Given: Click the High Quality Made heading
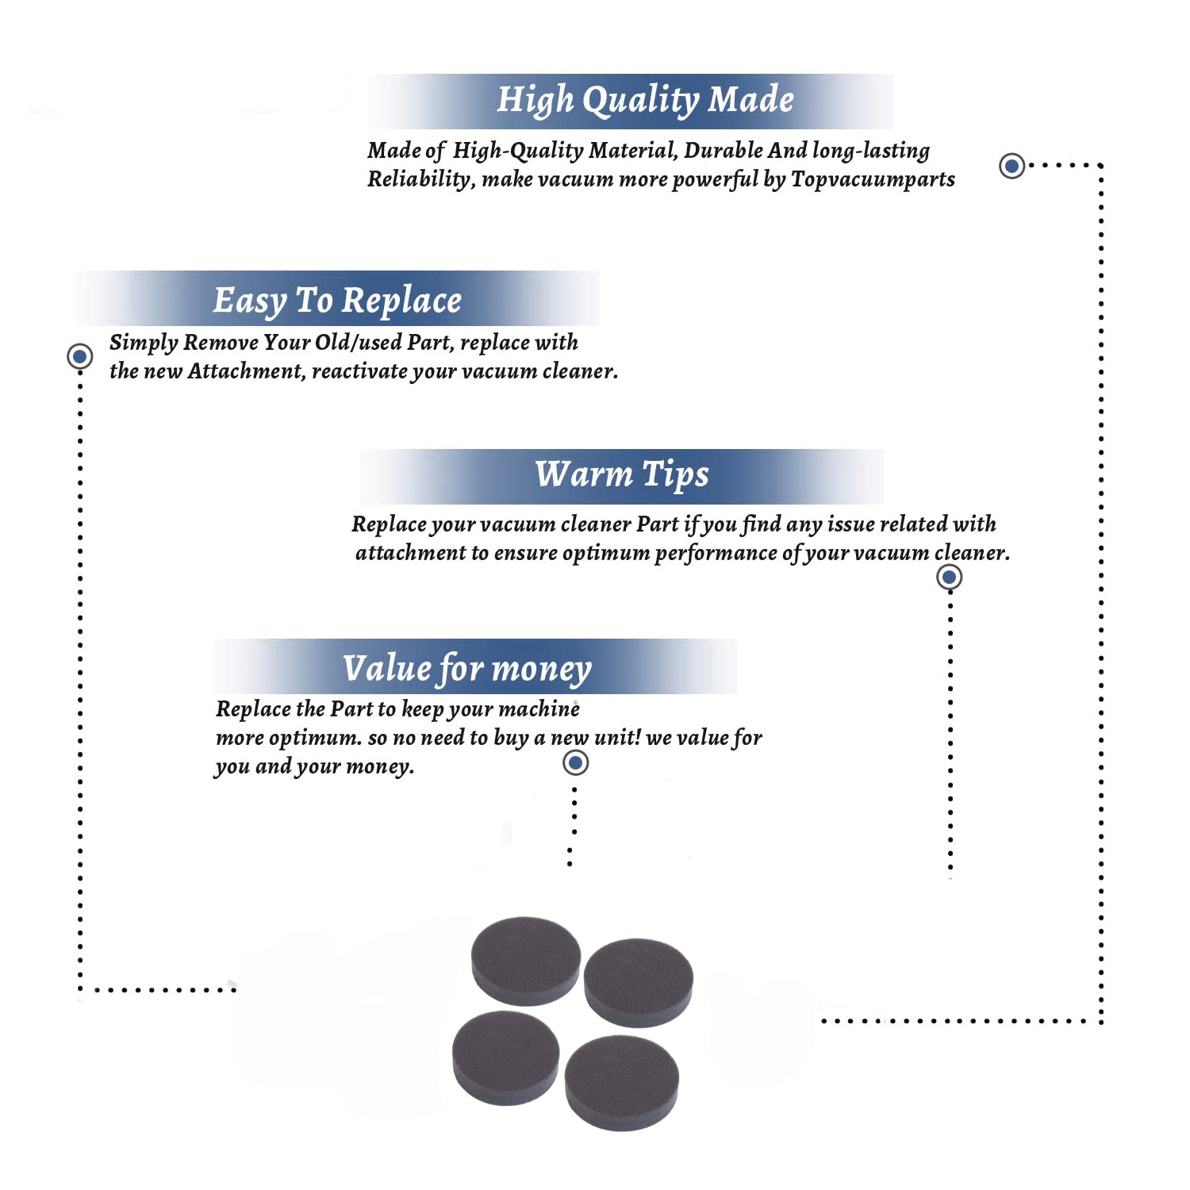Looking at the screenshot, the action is click(x=645, y=101).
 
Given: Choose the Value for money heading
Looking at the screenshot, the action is click(x=466, y=669).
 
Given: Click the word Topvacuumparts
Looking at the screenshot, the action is click(x=873, y=179).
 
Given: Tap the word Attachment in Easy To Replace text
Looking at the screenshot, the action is click(x=246, y=371).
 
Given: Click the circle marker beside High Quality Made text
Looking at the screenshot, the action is click(x=1011, y=166).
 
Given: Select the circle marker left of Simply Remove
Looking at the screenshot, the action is click(x=79, y=356).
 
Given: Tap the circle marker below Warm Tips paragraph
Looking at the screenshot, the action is click(x=949, y=577).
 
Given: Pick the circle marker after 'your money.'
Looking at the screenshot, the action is click(x=575, y=763).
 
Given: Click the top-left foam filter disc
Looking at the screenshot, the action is click(x=526, y=960).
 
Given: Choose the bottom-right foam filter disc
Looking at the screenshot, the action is click(x=621, y=1082).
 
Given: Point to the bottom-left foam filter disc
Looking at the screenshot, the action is click(x=505, y=1058).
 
